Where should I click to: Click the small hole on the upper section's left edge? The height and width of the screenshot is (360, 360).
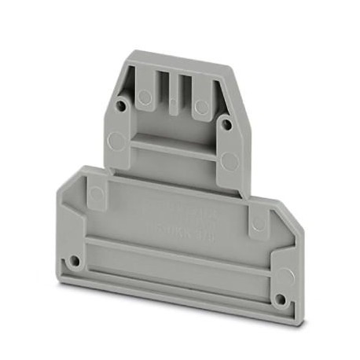point(120,103)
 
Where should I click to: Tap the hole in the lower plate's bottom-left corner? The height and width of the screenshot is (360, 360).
point(74,259)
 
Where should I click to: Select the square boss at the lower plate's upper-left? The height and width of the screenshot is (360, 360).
point(95,193)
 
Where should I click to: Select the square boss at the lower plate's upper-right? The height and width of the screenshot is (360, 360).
point(257,222)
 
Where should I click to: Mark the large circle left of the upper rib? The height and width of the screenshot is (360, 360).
point(116,142)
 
